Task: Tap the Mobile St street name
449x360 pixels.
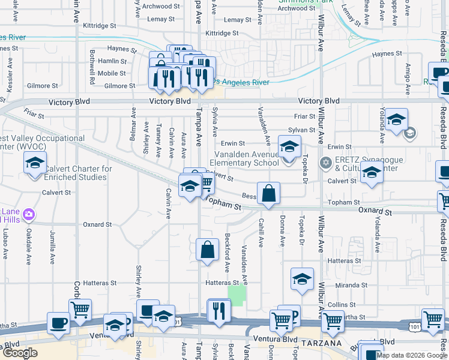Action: coord(112,73)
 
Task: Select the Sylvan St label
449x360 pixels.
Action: coord(301,130)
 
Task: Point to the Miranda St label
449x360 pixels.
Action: coord(351,286)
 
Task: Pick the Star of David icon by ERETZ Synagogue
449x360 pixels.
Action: coord(325,163)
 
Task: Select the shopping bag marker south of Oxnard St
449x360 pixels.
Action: coord(207,249)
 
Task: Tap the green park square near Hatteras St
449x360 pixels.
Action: coord(237,294)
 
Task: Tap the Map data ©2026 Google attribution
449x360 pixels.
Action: coord(412,355)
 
